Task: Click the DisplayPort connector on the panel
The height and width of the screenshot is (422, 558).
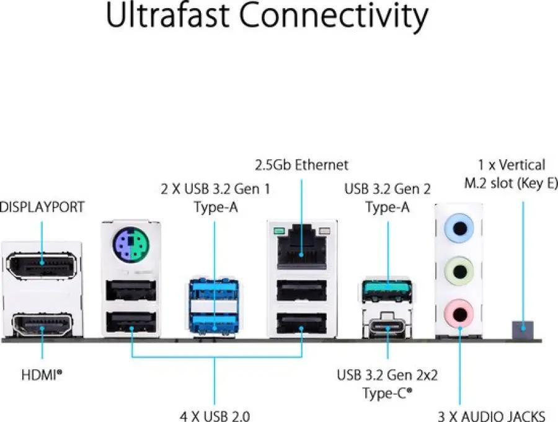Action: [42, 265]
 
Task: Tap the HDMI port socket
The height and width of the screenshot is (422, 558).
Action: [42, 325]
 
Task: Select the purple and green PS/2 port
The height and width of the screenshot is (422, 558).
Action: [131, 244]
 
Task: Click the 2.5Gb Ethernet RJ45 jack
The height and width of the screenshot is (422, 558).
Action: [302, 247]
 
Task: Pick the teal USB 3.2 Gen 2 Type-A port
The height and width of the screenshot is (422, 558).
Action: [387, 291]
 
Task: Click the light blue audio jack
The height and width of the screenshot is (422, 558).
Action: [459, 228]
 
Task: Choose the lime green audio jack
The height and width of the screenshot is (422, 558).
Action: [459, 272]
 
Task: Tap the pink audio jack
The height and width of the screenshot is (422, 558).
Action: [459, 314]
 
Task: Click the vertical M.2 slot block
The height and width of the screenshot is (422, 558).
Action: [523, 330]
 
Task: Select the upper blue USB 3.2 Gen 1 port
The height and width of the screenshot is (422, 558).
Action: [214, 289]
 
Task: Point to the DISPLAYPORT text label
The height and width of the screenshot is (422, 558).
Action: [42, 207]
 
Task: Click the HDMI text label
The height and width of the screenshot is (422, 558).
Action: [42, 375]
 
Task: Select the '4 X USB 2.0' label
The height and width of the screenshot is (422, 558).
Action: [215, 416]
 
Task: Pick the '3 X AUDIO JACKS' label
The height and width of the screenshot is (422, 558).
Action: [492, 416]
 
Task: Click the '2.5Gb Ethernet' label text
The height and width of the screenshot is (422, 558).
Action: [302, 165]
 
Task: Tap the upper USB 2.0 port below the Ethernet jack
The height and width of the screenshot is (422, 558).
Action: [302, 291]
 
